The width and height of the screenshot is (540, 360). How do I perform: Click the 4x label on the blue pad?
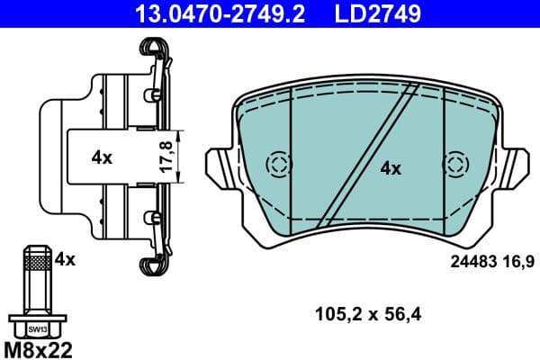point(390,167)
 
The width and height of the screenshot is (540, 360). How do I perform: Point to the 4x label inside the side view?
point(102,157)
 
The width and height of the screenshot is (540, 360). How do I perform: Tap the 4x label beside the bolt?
point(64,259)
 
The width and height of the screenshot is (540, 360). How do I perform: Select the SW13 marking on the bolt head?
point(37,329)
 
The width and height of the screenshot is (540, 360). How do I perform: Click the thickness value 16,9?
point(521,261)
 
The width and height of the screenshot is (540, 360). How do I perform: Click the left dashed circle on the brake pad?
point(279,164)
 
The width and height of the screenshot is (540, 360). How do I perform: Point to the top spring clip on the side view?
point(153,54)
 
